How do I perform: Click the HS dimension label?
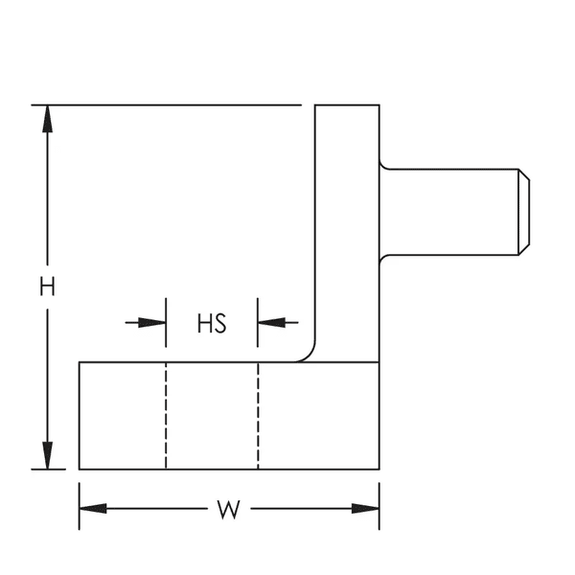[211, 323]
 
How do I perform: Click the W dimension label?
[227, 509]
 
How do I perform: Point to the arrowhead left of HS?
[152, 322]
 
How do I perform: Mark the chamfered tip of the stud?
[524, 212]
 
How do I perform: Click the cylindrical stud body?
[450, 212]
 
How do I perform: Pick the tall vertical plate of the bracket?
[347, 230]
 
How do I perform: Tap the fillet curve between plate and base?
[309, 354]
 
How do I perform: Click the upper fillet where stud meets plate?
[384, 165]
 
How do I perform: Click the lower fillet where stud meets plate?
[384, 259]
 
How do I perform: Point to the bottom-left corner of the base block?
[79, 469]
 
